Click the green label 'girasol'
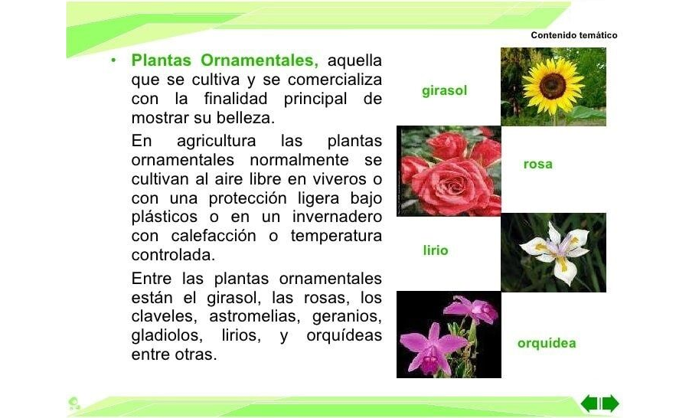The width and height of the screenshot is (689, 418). point(444,91)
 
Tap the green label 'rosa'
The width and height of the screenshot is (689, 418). point(537,164)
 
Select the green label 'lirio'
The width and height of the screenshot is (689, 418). point(436,250)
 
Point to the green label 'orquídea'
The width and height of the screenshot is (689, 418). point(547,343)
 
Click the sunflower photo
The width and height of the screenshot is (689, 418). point(553,87)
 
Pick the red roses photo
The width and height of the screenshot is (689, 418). point(449,171)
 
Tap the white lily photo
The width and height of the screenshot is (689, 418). point(553,253)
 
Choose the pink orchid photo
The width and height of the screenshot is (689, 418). point(449,335)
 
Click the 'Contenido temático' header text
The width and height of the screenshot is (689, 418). point(573,35)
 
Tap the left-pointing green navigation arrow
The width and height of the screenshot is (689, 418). point(589,403)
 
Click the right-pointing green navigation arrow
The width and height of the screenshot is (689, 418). point(610,403)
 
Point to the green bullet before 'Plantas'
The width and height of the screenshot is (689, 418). point(112,60)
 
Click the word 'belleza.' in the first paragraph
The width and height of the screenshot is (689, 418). point(247,119)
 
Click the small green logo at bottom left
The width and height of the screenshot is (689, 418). point(74,403)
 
